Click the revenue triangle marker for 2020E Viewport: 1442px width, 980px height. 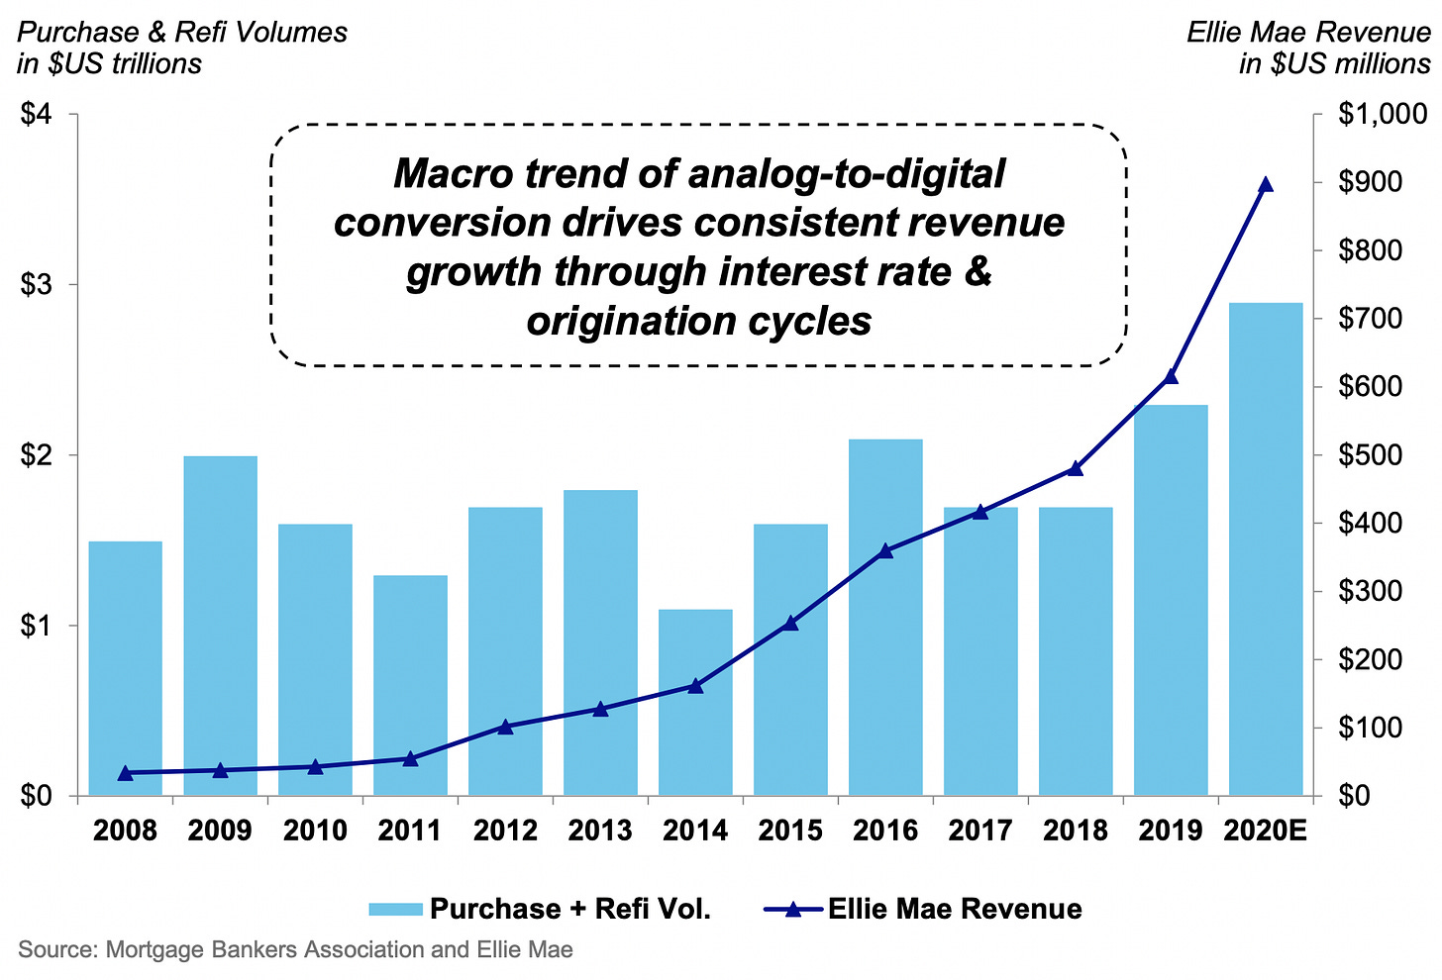point(1265,185)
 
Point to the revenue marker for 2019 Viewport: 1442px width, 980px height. point(1171,376)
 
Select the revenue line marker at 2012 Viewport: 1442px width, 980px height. point(505,727)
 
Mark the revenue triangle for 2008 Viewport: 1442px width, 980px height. point(125,773)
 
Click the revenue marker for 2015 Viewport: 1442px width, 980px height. point(790,623)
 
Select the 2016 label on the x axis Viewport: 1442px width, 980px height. point(884,831)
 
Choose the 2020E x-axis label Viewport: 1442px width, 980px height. point(1265,831)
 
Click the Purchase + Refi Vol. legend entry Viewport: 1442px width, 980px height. point(540,909)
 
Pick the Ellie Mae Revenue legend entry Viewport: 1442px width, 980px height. point(923,909)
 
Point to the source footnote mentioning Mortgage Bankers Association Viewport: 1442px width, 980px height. point(295,950)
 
